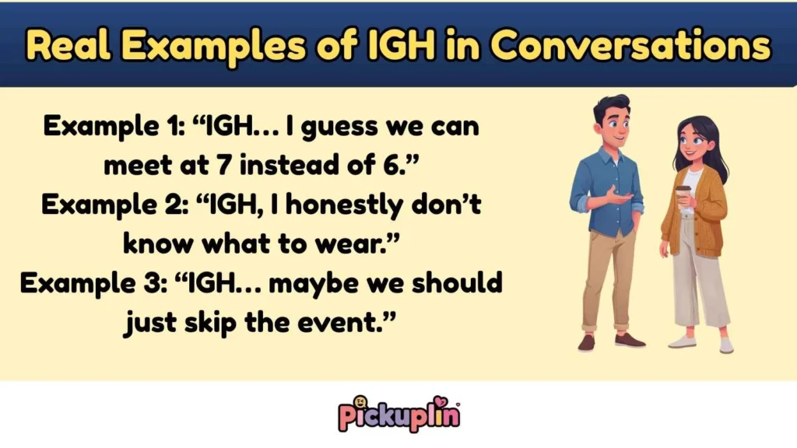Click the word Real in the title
pyautogui.click(x=65, y=47)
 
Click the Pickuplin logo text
pyautogui.click(x=398, y=415)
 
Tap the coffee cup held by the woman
pyautogui.click(x=683, y=197)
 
